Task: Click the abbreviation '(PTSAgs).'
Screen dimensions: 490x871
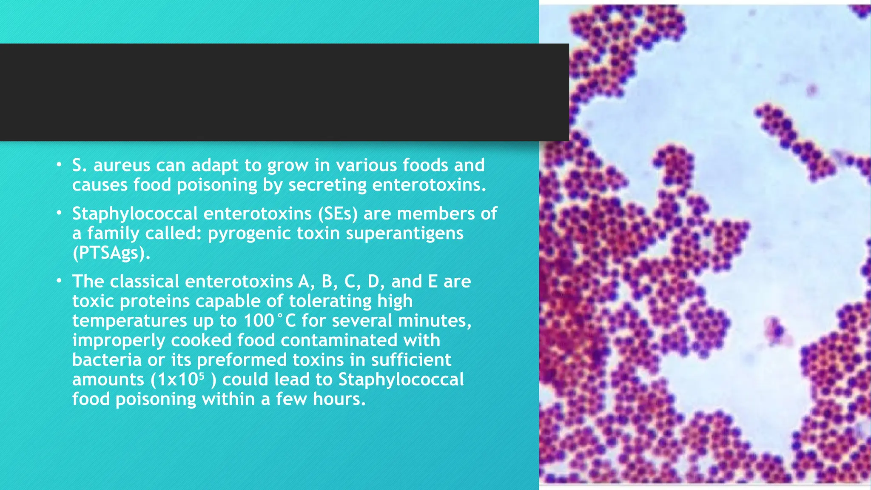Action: [111, 253]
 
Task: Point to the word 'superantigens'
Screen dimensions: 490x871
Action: [404, 234]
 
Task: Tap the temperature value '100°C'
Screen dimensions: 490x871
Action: [269, 321]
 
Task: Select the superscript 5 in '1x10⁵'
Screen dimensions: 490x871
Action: [202, 376]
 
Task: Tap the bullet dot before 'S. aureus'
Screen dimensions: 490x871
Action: [59, 165]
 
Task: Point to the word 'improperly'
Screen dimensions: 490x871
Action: [119, 340]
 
